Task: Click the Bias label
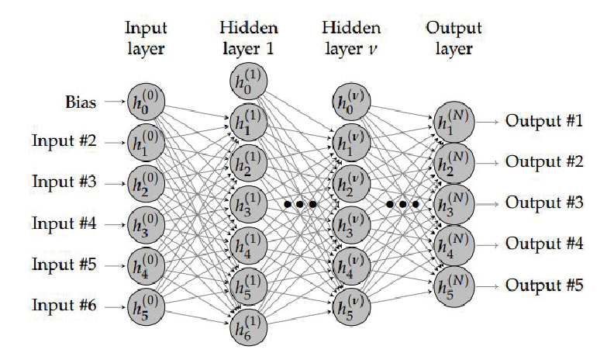pos(81,101)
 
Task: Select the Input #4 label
pos(64,225)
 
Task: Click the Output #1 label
pos(543,121)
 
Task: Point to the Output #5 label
pos(543,284)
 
